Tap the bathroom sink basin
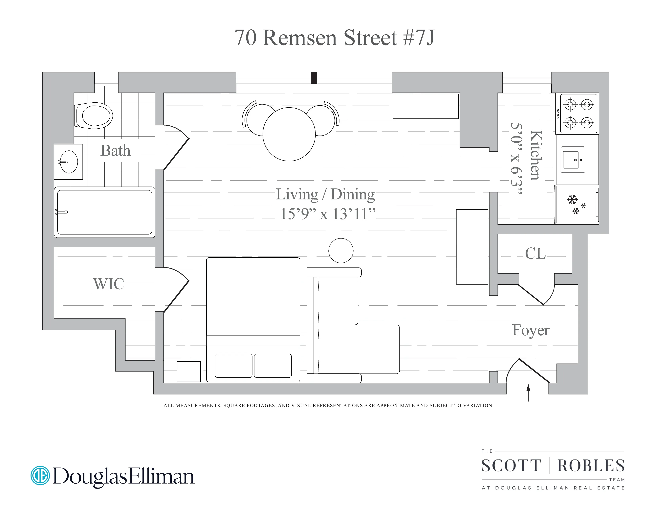point(69,162)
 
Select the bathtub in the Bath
point(104,212)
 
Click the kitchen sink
point(572,160)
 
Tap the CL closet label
point(535,254)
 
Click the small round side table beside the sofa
point(341,251)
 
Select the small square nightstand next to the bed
point(189,371)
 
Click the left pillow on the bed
point(234,366)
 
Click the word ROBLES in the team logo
point(591,466)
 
